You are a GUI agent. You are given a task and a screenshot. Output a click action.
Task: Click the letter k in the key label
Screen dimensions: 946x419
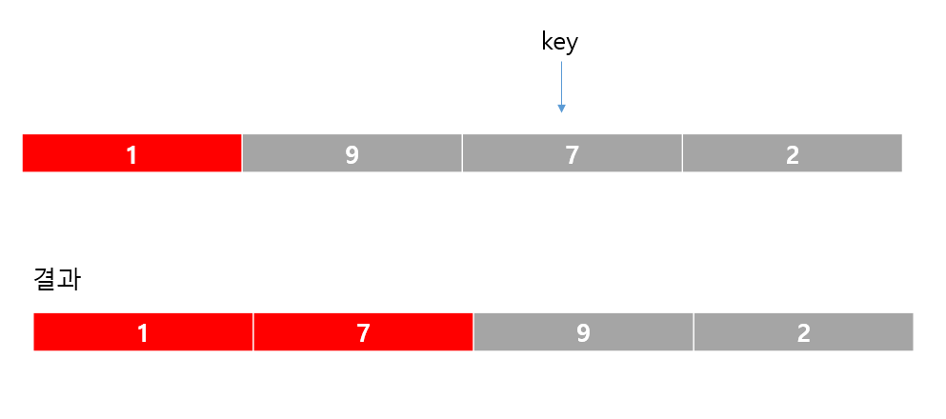coord(546,42)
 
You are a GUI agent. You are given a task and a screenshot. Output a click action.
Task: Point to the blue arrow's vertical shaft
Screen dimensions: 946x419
coord(561,81)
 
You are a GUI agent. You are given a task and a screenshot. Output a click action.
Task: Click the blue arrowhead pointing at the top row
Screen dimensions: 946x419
coord(561,108)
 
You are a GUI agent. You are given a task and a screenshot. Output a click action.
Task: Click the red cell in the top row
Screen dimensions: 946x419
coord(131,153)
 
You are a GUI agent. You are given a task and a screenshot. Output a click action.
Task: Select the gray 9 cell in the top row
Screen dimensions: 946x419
coord(352,153)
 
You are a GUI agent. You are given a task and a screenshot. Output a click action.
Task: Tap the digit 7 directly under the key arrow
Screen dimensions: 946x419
coord(572,154)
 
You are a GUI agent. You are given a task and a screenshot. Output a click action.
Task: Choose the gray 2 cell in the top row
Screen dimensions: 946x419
coord(792,153)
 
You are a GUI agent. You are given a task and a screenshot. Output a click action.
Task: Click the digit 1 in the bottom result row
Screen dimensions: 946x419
coord(143,332)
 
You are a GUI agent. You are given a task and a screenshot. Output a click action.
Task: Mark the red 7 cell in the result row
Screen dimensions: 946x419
coord(363,332)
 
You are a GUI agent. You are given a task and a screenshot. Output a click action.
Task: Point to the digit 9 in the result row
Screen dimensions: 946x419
coord(583,332)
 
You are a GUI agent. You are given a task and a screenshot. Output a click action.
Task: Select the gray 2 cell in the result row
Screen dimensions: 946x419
coord(803,332)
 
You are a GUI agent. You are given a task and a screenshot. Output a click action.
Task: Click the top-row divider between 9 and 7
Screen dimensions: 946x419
coord(462,153)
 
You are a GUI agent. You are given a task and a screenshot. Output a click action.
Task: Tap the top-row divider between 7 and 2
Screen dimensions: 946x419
coord(682,153)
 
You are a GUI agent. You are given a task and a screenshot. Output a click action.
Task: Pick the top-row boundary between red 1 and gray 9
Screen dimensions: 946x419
coord(242,153)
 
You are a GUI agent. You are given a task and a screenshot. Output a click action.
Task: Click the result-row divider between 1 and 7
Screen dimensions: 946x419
coord(253,332)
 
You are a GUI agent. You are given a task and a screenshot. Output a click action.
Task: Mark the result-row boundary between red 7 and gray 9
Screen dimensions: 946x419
coord(473,332)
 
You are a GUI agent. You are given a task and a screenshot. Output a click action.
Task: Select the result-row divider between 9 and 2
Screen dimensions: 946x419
coord(694,332)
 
